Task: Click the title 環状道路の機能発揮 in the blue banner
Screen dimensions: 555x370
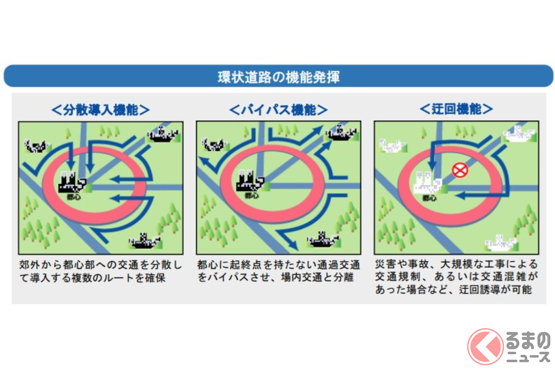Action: click(278, 77)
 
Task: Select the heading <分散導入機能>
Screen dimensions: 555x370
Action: click(100, 110)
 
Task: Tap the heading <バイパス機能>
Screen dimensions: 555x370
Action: click(278, 110)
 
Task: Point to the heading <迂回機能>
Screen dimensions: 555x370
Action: click(456, 109)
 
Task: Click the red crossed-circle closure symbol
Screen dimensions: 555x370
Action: click(460, 170)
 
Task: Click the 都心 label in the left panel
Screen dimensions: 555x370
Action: click(74, 197)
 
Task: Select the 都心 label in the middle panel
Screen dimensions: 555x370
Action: click(252, 196)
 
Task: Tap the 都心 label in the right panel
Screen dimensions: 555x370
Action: click(429, 198)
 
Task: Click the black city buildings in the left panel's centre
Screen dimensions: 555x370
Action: click(72, 182)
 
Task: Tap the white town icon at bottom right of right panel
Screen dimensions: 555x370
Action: click(501, 242)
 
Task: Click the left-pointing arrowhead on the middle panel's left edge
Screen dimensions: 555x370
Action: click(204, 161)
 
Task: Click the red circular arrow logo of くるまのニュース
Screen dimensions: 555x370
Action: click(485, 346)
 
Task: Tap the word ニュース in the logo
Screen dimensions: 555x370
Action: click(528, 357)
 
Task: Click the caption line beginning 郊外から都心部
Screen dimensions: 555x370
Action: click(100, 265)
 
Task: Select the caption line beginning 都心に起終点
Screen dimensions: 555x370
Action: click(278, 265)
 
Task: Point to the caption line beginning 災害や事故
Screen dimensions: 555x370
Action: click(456, 264)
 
